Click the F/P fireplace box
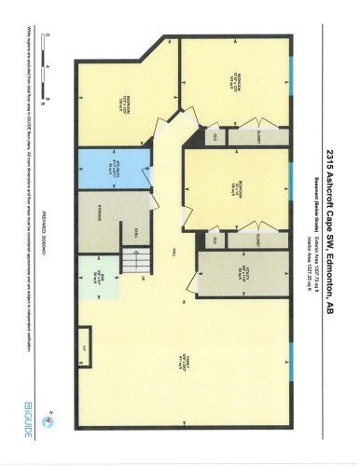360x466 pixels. click(x=84, y=346)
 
